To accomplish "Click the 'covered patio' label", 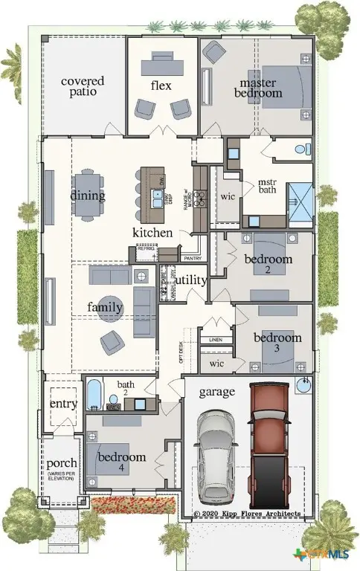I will (83, 86).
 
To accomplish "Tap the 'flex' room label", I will (161, 86).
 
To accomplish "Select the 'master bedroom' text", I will (259, 88).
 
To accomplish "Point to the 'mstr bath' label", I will (267, 187).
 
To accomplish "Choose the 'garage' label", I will (216, 392).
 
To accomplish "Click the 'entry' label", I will (63, 404).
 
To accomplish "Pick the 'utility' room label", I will (190, 280).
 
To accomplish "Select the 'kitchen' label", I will (152, 233).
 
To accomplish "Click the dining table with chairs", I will (88, 196).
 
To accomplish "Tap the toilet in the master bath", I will (302, 149).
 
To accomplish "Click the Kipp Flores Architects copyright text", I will (247, 514).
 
